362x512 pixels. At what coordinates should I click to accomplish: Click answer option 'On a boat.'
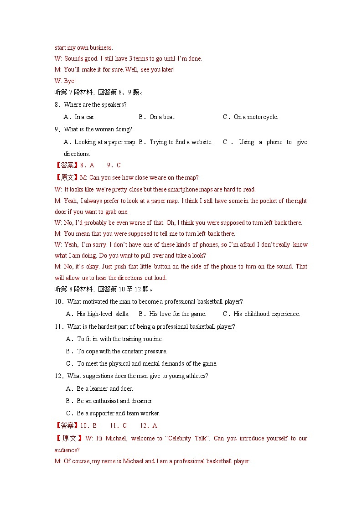162,117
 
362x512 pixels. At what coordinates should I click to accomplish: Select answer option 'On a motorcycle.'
255,117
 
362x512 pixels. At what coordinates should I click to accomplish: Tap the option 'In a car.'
85,117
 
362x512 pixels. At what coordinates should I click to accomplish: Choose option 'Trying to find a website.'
181,142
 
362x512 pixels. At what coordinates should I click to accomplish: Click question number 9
57,129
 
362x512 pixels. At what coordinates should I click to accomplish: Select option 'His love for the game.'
177,314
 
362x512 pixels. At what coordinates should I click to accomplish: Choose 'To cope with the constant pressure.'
122,352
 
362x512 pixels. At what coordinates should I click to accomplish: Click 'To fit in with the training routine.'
119,339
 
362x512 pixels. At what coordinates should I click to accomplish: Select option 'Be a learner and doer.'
104,389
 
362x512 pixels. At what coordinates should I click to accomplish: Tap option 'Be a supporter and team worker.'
118,414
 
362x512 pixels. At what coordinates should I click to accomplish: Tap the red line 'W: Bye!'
65,81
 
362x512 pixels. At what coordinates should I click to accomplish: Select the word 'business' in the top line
101,48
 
